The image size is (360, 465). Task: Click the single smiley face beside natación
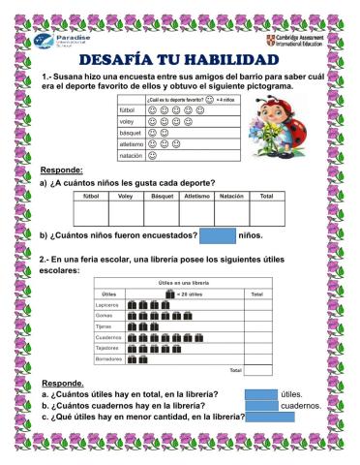(153, 154)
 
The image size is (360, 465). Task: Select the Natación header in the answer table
(230, 195)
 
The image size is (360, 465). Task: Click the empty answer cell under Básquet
(160, 212)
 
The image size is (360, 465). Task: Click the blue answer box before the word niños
(217, 234)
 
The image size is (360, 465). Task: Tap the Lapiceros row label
(110, 303)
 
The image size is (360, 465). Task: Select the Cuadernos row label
(110, 337)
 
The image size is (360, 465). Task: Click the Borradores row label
(110, 359)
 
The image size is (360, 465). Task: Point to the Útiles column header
(109, 293)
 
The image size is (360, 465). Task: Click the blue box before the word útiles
(260, 394)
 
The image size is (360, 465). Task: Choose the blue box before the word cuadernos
(260, 406)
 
